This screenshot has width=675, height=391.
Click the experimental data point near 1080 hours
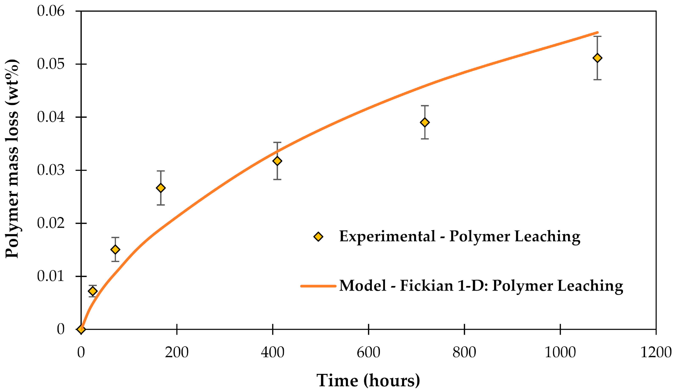(597, 58)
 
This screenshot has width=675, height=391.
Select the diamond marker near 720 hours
(425, 123)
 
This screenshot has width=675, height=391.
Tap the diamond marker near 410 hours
(277, 161)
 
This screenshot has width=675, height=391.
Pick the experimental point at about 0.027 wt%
(161, 188)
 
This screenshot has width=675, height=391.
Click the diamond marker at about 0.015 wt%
(115, 250)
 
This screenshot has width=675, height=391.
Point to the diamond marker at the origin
(81, 329)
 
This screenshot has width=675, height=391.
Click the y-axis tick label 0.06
(51, 11)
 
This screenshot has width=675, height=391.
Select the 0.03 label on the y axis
(51, 170)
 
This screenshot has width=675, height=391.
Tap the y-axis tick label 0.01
(51, 276)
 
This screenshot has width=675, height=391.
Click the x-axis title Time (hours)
(368, 380)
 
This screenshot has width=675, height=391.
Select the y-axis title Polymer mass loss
(12, 158)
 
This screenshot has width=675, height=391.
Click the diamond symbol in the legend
(318, 237)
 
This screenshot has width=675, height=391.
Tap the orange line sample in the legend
(318, 286)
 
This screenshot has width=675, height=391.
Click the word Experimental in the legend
(387, 236)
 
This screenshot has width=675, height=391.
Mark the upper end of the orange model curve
(597, 33)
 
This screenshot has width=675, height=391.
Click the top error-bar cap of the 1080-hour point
(597, 36)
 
